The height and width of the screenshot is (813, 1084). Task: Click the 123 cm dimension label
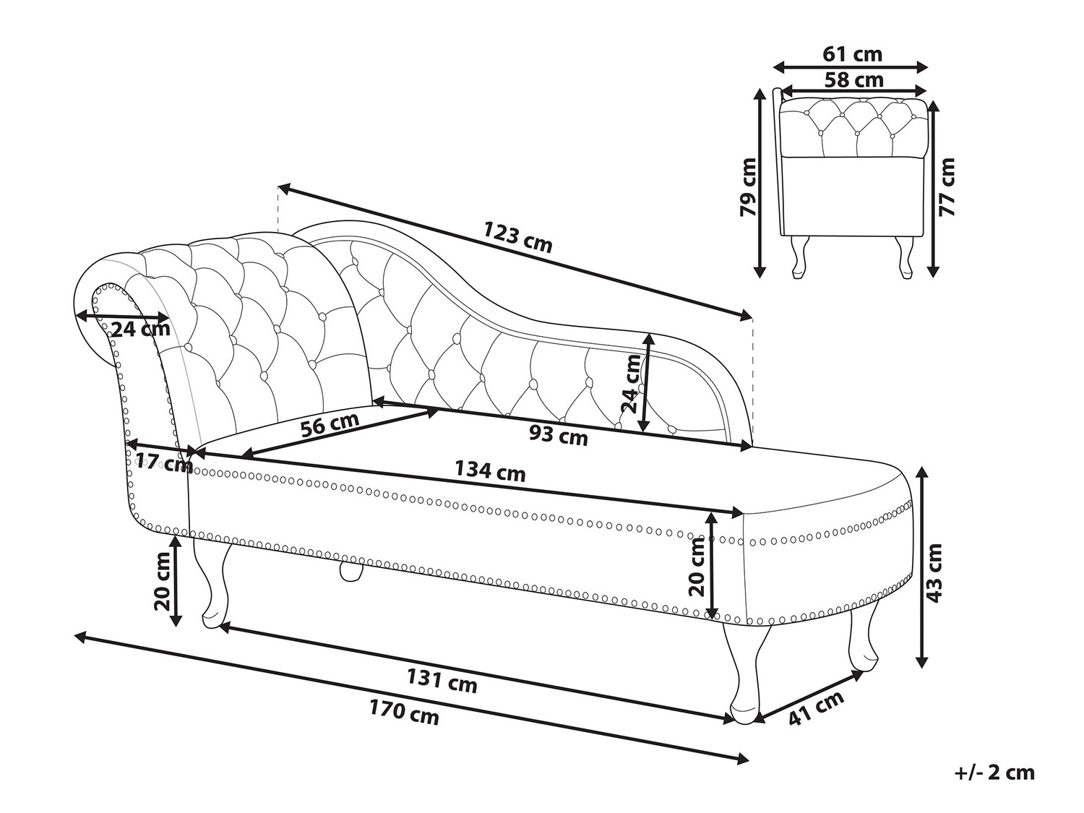(517, 238)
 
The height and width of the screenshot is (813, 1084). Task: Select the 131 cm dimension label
(442, 681)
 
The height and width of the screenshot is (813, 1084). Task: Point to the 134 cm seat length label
(490, 471)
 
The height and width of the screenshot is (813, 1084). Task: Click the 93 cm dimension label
(559, 435)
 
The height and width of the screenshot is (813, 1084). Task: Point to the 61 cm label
(852, 53)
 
